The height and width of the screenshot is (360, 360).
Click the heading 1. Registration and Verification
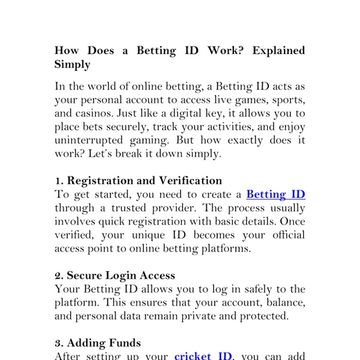(138, 181)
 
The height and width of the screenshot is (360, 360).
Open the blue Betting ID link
(275, 194)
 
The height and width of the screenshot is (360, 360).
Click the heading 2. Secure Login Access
(115, 275)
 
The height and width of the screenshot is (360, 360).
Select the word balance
(282, 302)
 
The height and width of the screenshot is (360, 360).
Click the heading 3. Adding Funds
(98, 343)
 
